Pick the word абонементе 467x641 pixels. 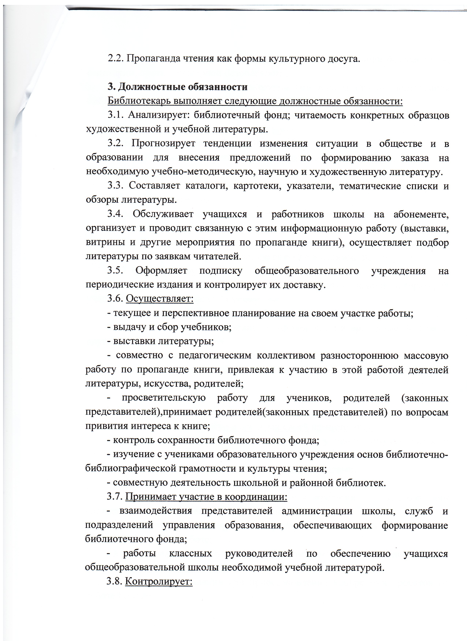coord(421,214)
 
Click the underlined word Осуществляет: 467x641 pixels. coord(160,298)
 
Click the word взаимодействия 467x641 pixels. coord(156,511)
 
